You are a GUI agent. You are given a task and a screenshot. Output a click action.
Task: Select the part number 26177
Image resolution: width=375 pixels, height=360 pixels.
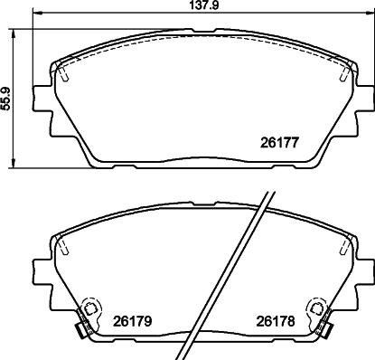pos(279,142)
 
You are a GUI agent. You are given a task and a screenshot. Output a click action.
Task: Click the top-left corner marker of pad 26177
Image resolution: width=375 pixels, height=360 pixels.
pos(61,71)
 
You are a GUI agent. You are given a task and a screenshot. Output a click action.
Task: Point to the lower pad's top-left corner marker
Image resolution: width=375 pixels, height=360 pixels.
pos(61,244)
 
